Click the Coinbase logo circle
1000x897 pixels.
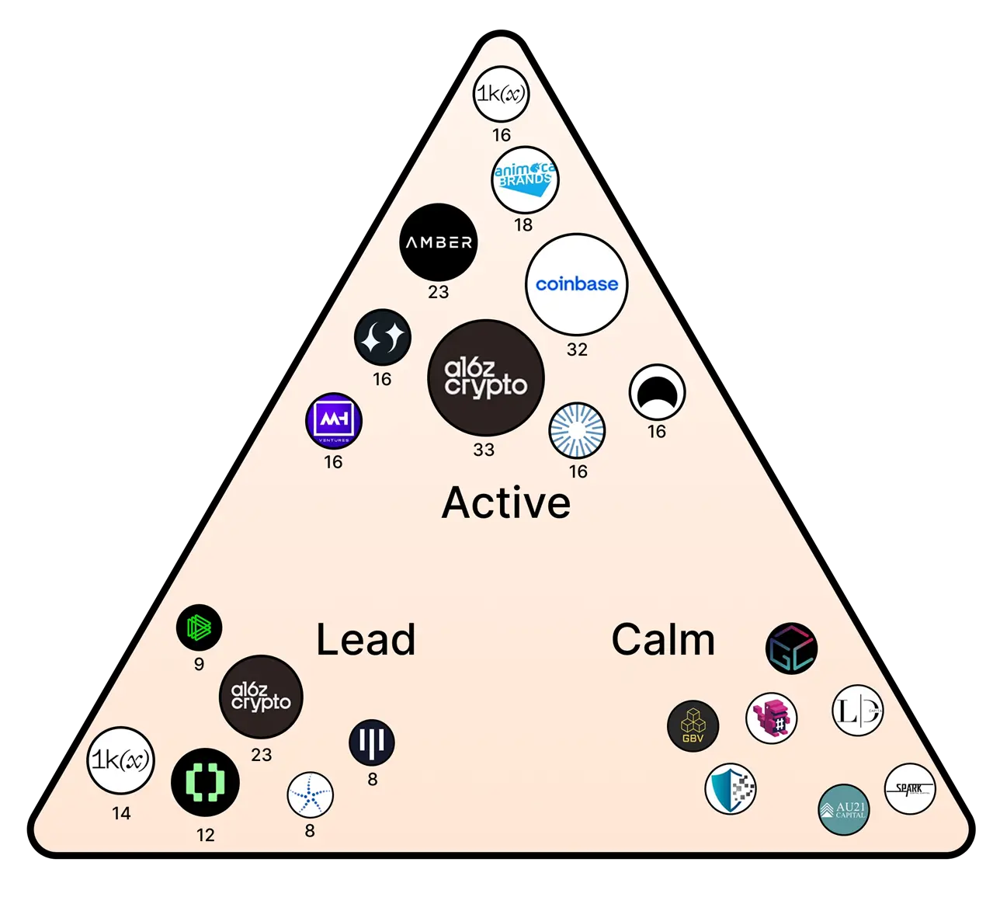click(x=576, y=284)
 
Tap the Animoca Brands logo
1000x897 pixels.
click(x=525, y=179)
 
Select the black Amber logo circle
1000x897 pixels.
click(x=439, y=242)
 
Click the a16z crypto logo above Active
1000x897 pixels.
click(x=486, y=377)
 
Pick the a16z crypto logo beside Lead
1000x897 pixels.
click(x=261, y=697)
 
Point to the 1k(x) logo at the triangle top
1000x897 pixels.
click(x=502, y=94)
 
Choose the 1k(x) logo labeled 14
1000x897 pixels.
click(x=120, y=760)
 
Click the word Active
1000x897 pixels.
click(x=506, y=502)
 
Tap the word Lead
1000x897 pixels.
click(x=366, y=640)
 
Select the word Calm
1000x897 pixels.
click(x=663, y=640)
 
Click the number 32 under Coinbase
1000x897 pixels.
click(x=577, y=349)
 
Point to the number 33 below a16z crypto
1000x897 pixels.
click(x=484, y=450)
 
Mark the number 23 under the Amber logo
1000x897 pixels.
click(x=439, y=292)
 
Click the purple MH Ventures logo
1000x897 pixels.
click(x=334, y=421)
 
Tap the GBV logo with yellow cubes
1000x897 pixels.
click(x=693, y=726)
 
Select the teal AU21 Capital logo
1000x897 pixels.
click(x=843, y=809)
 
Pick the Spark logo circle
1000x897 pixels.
click(x=910, y=789)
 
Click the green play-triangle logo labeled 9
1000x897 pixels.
click(x=199, y=628)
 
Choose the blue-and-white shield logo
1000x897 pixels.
click(x=731, y=789)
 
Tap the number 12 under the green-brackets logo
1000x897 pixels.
click(x=206, y=835)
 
